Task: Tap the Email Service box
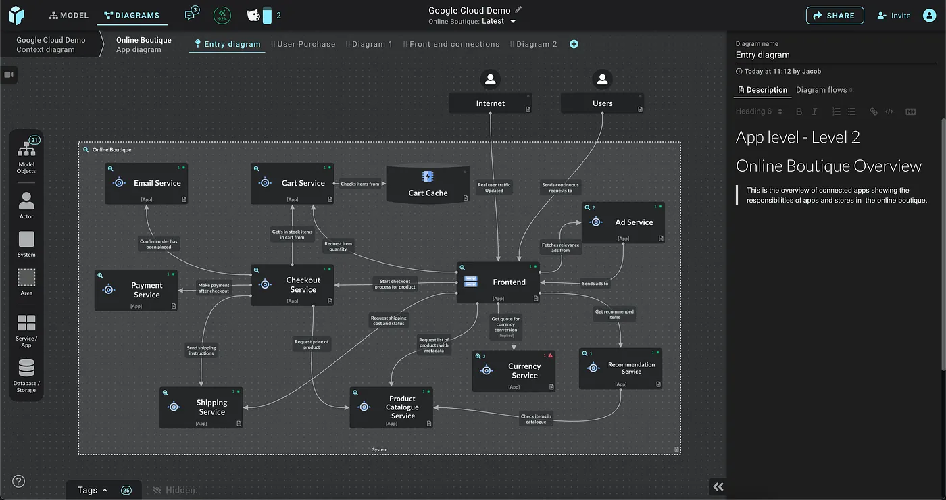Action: point(147,183)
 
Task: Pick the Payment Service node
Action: point(136,291)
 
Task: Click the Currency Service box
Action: point(514,371)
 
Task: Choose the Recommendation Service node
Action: point(620,368)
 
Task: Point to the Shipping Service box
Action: point(201,407)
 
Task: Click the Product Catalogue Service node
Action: point(391,407)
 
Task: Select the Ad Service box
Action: point(623,222)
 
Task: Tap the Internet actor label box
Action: point(491,103)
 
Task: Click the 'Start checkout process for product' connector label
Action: point(395,284)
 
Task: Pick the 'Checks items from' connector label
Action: point(359,184)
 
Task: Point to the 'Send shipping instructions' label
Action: point(201,351)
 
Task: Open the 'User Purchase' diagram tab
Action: point(306,44)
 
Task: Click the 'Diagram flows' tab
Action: point(821,90)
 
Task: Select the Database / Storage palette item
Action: point(26,376)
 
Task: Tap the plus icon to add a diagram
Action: point(574,44)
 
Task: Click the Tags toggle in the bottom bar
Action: point(93,490)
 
